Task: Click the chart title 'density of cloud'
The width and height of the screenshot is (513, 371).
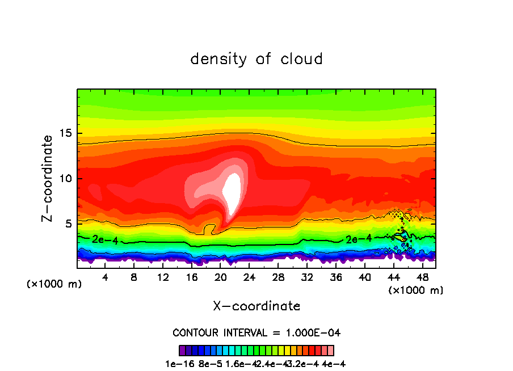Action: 256,59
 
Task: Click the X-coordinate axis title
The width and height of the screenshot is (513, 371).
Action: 256,306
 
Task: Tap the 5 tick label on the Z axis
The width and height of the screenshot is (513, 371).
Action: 68,224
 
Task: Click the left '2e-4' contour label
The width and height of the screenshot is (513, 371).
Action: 105,241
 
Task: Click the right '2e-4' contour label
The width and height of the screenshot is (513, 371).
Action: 359,239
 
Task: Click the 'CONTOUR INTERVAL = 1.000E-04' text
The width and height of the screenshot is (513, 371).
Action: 256,332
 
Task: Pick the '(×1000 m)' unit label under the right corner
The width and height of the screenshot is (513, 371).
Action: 415,290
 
